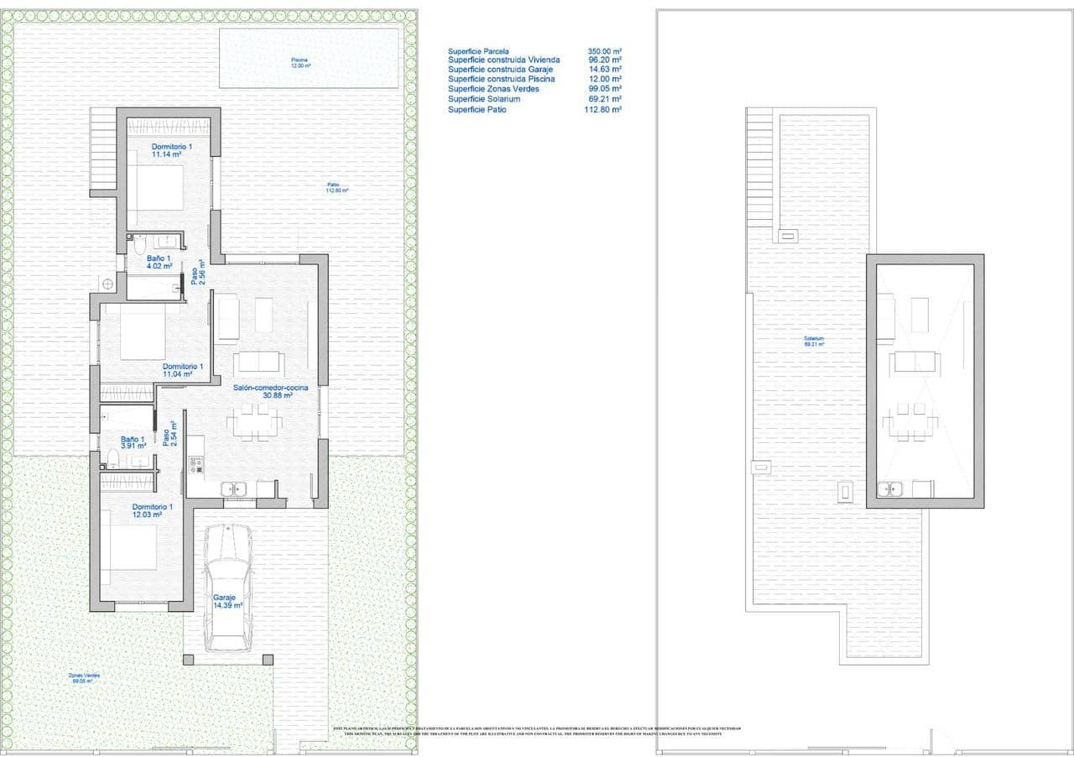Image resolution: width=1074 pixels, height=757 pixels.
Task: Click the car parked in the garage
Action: click(228, 587)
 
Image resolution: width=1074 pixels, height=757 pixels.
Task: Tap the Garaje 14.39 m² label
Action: click(227, 601)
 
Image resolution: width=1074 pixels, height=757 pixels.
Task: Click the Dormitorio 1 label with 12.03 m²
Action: click(152, 510)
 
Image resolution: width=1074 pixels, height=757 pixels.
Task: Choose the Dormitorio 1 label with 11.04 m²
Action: click(183, 370)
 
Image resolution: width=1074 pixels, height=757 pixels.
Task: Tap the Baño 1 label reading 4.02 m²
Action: click(159, 262)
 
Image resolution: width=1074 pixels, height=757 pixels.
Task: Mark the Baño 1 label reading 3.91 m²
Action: click(133, 442)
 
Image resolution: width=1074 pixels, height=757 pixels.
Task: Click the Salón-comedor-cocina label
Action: click(270, 391)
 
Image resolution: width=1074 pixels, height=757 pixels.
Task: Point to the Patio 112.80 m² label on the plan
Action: click(337, 187)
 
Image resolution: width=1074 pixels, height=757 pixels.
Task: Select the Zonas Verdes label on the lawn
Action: click(85, 678)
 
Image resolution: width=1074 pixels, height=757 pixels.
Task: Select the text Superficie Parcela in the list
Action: click(478, 51)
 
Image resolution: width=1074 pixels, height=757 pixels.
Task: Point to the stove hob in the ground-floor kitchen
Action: click(196, 464)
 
